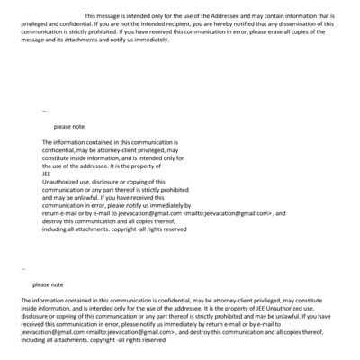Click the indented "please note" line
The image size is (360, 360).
tap(69, 127)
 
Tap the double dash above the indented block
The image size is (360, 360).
tap(44, 111)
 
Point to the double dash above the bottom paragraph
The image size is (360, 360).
tap(22, 268)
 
